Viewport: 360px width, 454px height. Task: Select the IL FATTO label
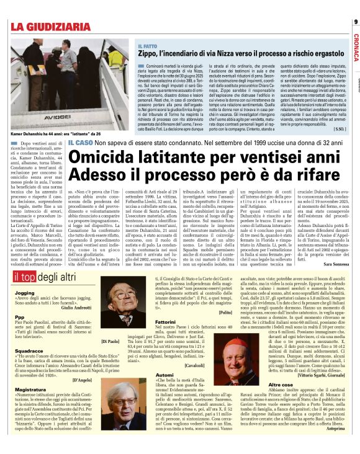[147, 47]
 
